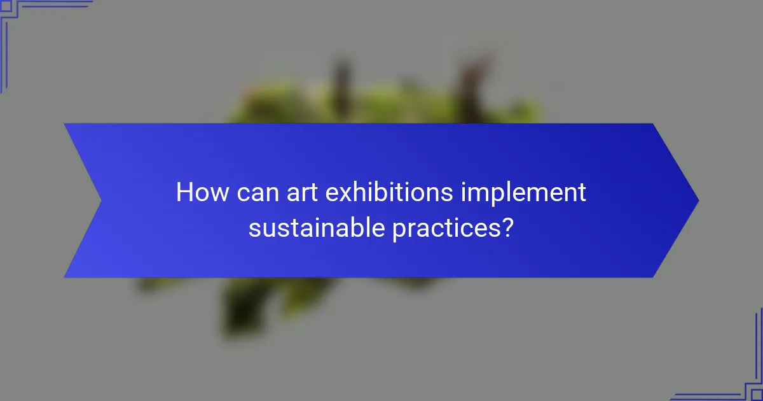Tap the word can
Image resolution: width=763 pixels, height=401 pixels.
(254, 192)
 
